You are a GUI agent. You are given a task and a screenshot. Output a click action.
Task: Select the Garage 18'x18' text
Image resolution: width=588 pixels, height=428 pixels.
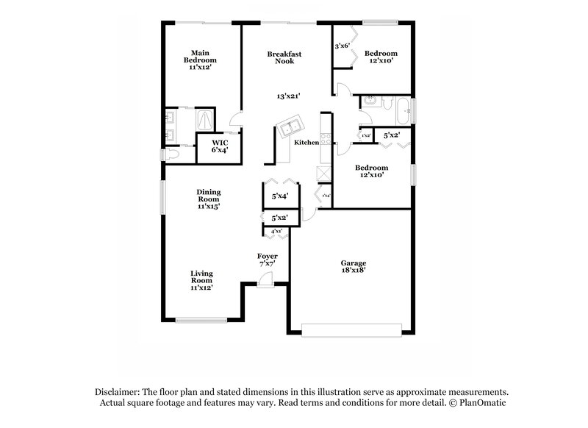[353, 267]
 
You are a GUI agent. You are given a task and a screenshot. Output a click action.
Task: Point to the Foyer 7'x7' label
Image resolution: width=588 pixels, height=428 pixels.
[267, 260]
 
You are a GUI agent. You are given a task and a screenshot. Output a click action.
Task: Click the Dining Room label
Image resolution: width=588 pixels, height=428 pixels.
[208, 199]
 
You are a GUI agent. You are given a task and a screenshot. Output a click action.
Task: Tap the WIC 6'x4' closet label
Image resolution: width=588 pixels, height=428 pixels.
[218, 146]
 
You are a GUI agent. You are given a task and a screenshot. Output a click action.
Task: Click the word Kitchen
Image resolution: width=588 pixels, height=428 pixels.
[306, 143]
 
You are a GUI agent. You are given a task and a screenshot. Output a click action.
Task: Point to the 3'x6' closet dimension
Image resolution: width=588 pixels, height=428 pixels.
[342, 46]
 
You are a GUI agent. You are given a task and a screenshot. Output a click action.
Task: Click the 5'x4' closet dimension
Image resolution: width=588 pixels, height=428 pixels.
[279, 196]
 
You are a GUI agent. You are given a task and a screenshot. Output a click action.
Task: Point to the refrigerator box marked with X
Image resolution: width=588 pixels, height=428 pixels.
[322, 174]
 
